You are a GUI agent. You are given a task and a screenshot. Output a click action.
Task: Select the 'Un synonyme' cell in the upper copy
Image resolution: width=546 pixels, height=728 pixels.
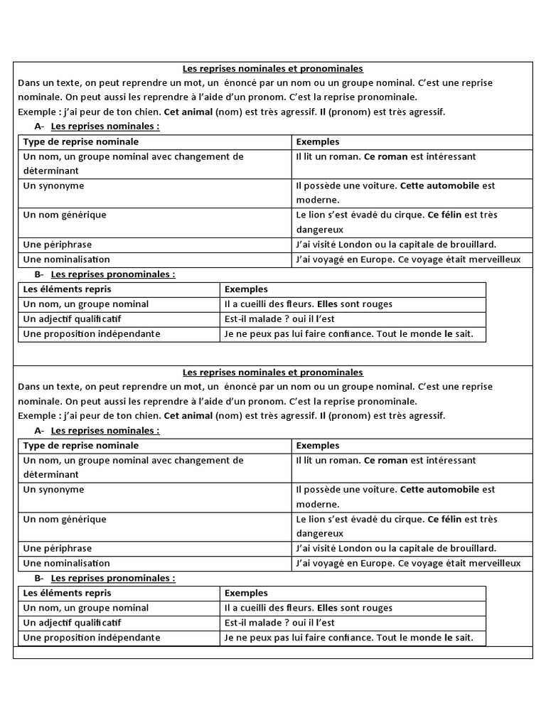click(53, 186)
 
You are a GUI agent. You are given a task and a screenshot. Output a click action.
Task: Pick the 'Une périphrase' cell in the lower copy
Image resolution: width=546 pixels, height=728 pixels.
click(58, 548)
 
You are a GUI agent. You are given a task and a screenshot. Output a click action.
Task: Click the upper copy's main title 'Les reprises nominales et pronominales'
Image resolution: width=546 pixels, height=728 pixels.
click(272, 69)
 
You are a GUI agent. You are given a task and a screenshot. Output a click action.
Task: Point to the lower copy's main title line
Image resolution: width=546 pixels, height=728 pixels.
click(272, 373)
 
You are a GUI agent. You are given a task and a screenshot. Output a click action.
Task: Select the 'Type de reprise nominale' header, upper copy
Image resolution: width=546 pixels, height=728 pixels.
click(81, 142)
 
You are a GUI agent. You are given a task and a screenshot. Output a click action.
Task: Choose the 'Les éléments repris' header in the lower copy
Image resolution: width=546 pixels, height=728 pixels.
click(68, 592)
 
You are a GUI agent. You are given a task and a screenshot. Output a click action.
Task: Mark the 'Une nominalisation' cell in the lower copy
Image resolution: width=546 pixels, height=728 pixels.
click(67, 563)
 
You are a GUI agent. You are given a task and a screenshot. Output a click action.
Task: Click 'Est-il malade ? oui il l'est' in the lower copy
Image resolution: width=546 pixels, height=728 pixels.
click(279, 623)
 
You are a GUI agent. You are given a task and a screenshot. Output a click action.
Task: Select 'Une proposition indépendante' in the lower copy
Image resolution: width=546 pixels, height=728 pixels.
click(92, 638)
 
